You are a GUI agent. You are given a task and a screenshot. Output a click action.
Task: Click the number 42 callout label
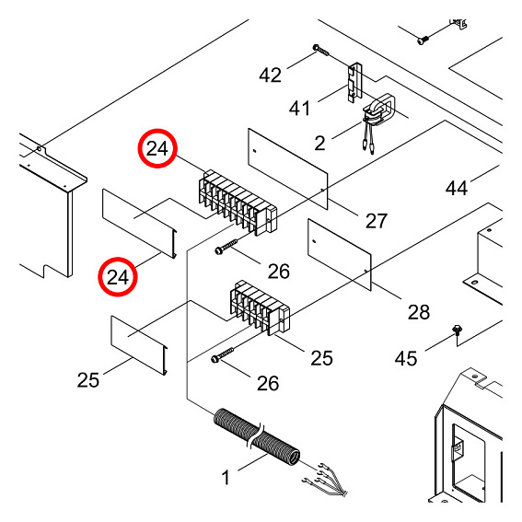point(270,75)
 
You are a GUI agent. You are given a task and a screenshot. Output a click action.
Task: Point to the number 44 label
point(457,188)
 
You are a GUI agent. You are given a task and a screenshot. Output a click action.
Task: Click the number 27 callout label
point(376,220)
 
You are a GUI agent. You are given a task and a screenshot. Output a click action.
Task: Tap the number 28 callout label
point(418,312)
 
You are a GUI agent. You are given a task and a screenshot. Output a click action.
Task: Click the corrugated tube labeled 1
point(257,439)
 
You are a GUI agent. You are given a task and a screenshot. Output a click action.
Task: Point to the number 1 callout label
point(223,479)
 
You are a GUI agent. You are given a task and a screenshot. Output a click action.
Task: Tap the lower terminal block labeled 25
point(259,309)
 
